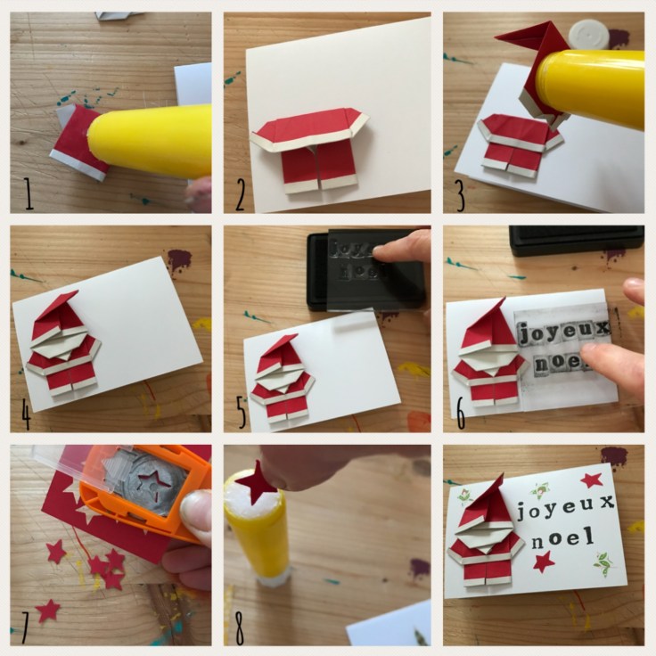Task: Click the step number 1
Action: point(29,193)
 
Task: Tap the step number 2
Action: point(240,193)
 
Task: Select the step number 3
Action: point(460,195)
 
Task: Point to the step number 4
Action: point(26,414)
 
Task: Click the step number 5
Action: point(242,413)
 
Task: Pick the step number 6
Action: point(460,413)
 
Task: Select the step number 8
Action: point(239,628)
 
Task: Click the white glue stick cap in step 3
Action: point(587,35)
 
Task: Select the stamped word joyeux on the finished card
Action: point(566,506)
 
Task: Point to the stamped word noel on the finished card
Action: point(562,539)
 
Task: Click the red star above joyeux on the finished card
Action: point(593,480)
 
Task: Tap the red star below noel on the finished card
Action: point(544,562)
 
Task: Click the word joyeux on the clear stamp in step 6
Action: point(562,332)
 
